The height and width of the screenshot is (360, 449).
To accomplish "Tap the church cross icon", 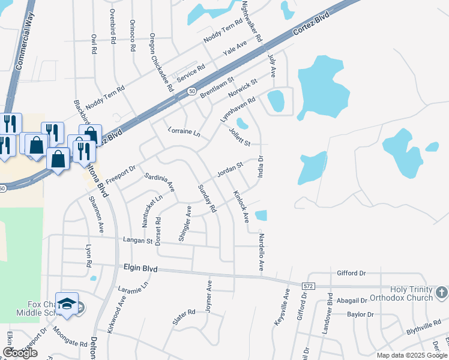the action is pyautogui.click(x=441, y=293).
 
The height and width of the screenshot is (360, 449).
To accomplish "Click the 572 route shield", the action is pyautogui.click(x=309, y=286).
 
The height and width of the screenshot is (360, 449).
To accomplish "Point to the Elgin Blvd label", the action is pyautogui.click(x=140, y=269).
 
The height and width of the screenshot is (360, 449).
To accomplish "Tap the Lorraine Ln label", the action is pyautogui.click(x=183, y=130).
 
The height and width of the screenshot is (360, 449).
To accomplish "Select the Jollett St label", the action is pyautogui.click(x=240, y=139).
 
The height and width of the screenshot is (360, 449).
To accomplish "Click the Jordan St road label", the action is pyautogui.click(x=229, y=169).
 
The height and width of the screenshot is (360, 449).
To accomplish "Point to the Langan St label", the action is pyautogui.click(x=137, y=241).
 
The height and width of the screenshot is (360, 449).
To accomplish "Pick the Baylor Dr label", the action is pyautogui.click(x=360, y=314).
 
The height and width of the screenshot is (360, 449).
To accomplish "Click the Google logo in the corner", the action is pyautogui.click(x=20, y=353).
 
